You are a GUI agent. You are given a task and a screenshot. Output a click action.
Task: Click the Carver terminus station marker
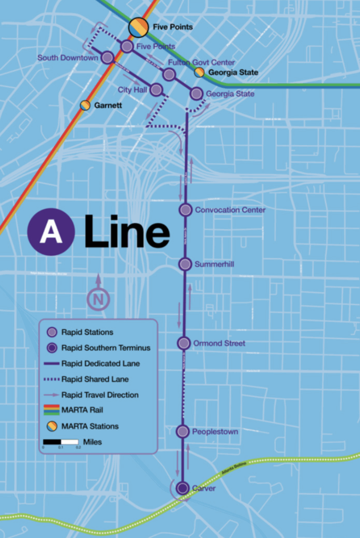pyautogui.click(x=182, y=488)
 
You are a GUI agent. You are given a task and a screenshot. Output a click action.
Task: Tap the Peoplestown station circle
pyautogui.click(x=182, y=431)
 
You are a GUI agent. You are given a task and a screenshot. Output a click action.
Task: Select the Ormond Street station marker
pyautogui.click(x=183, y=343)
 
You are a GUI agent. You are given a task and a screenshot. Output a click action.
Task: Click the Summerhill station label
pyautogui.click(x=214, y=264)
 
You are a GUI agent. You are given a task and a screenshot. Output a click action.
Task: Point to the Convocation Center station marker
pyautogui.click(x=185, y=210)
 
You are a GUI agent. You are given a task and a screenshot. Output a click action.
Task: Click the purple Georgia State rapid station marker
pyautogui.click(x=196, y=94)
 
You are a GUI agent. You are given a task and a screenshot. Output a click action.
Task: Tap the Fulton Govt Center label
pyautogui.click(x=201, y=63)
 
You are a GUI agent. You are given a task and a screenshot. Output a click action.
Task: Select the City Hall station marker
pyautogui.click(x=156, y=90)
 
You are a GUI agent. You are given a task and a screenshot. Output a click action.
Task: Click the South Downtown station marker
pyautogui.click(x=107, y=58)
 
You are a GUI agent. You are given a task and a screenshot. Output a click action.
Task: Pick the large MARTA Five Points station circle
pyautogui.click(x=139, y=27)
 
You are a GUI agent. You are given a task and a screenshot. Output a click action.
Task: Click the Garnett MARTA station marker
pyautogui.click(x=85, y=105)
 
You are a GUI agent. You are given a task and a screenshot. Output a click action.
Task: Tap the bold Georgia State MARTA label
pyautogui.click(x=233, y=73)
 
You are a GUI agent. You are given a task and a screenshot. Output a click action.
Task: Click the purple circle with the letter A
pyautogui.click(x=51, y=232)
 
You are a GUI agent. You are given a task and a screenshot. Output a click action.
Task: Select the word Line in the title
pyautogui.click(x=126, y=231)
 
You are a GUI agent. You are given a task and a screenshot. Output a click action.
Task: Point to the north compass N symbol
pyautogui.click(x=98, y=299)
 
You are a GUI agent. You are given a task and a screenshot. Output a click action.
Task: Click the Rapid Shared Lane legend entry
pyautogui.click(x=95, y=379)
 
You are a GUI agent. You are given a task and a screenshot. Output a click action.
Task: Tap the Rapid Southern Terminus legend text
pyautogui.click(x=106, y=347)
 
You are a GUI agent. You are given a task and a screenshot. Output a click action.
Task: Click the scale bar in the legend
pyautogui.click(x=60, y=442)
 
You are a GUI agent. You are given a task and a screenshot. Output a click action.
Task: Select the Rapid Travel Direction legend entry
pyautogui.click(x=100, y=395)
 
